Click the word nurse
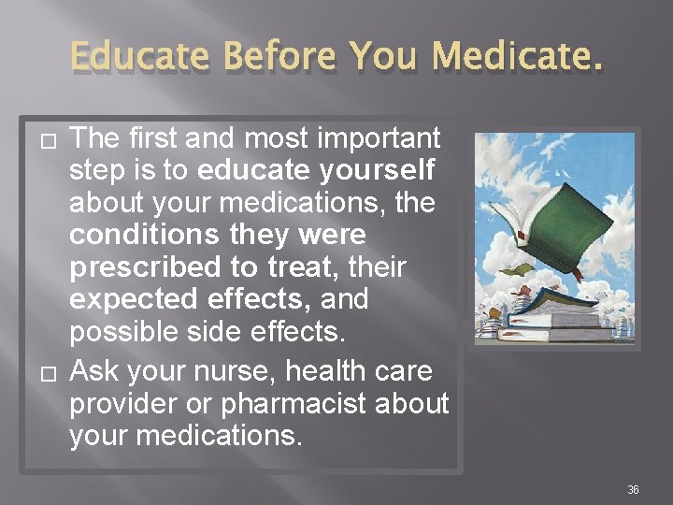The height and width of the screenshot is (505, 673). pyautogui.click(x=236, y=371)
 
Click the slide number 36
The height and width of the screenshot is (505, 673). pyautogui.click(x=633, y=489)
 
